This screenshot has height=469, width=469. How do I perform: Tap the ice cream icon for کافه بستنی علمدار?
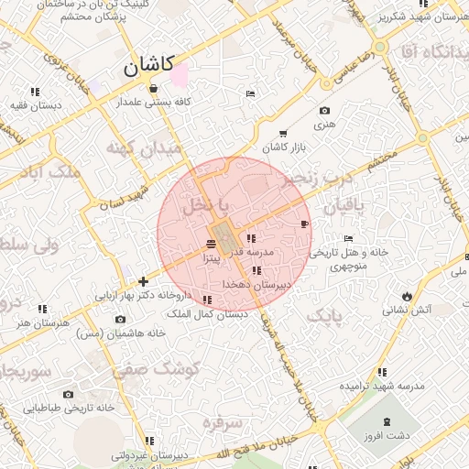pyautogui.click(x=152, y=89)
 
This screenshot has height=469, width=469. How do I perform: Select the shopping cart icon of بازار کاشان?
pyautogui.click(x=282, y=134)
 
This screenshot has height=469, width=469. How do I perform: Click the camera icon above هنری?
pyautogui.click(x=324, y=110)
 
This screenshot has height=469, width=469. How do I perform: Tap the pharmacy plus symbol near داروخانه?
pyautogui.click(x=142, y=281)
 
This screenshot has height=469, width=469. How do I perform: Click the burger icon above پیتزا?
pyautogui.click(x=212, y=244)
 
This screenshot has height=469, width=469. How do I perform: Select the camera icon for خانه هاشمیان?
pyautogui.click(x=120, y=320)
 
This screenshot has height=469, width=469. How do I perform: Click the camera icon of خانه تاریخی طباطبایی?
pyautogui.click(x=68, y=394)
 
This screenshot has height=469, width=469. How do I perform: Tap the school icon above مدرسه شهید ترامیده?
pyautogui.click(x=381, y=372)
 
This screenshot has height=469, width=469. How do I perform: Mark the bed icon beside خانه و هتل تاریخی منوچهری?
pyautogui.click(x=347, y=238)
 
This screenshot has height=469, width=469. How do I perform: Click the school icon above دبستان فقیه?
pyautogui.click(x=35, y=92)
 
